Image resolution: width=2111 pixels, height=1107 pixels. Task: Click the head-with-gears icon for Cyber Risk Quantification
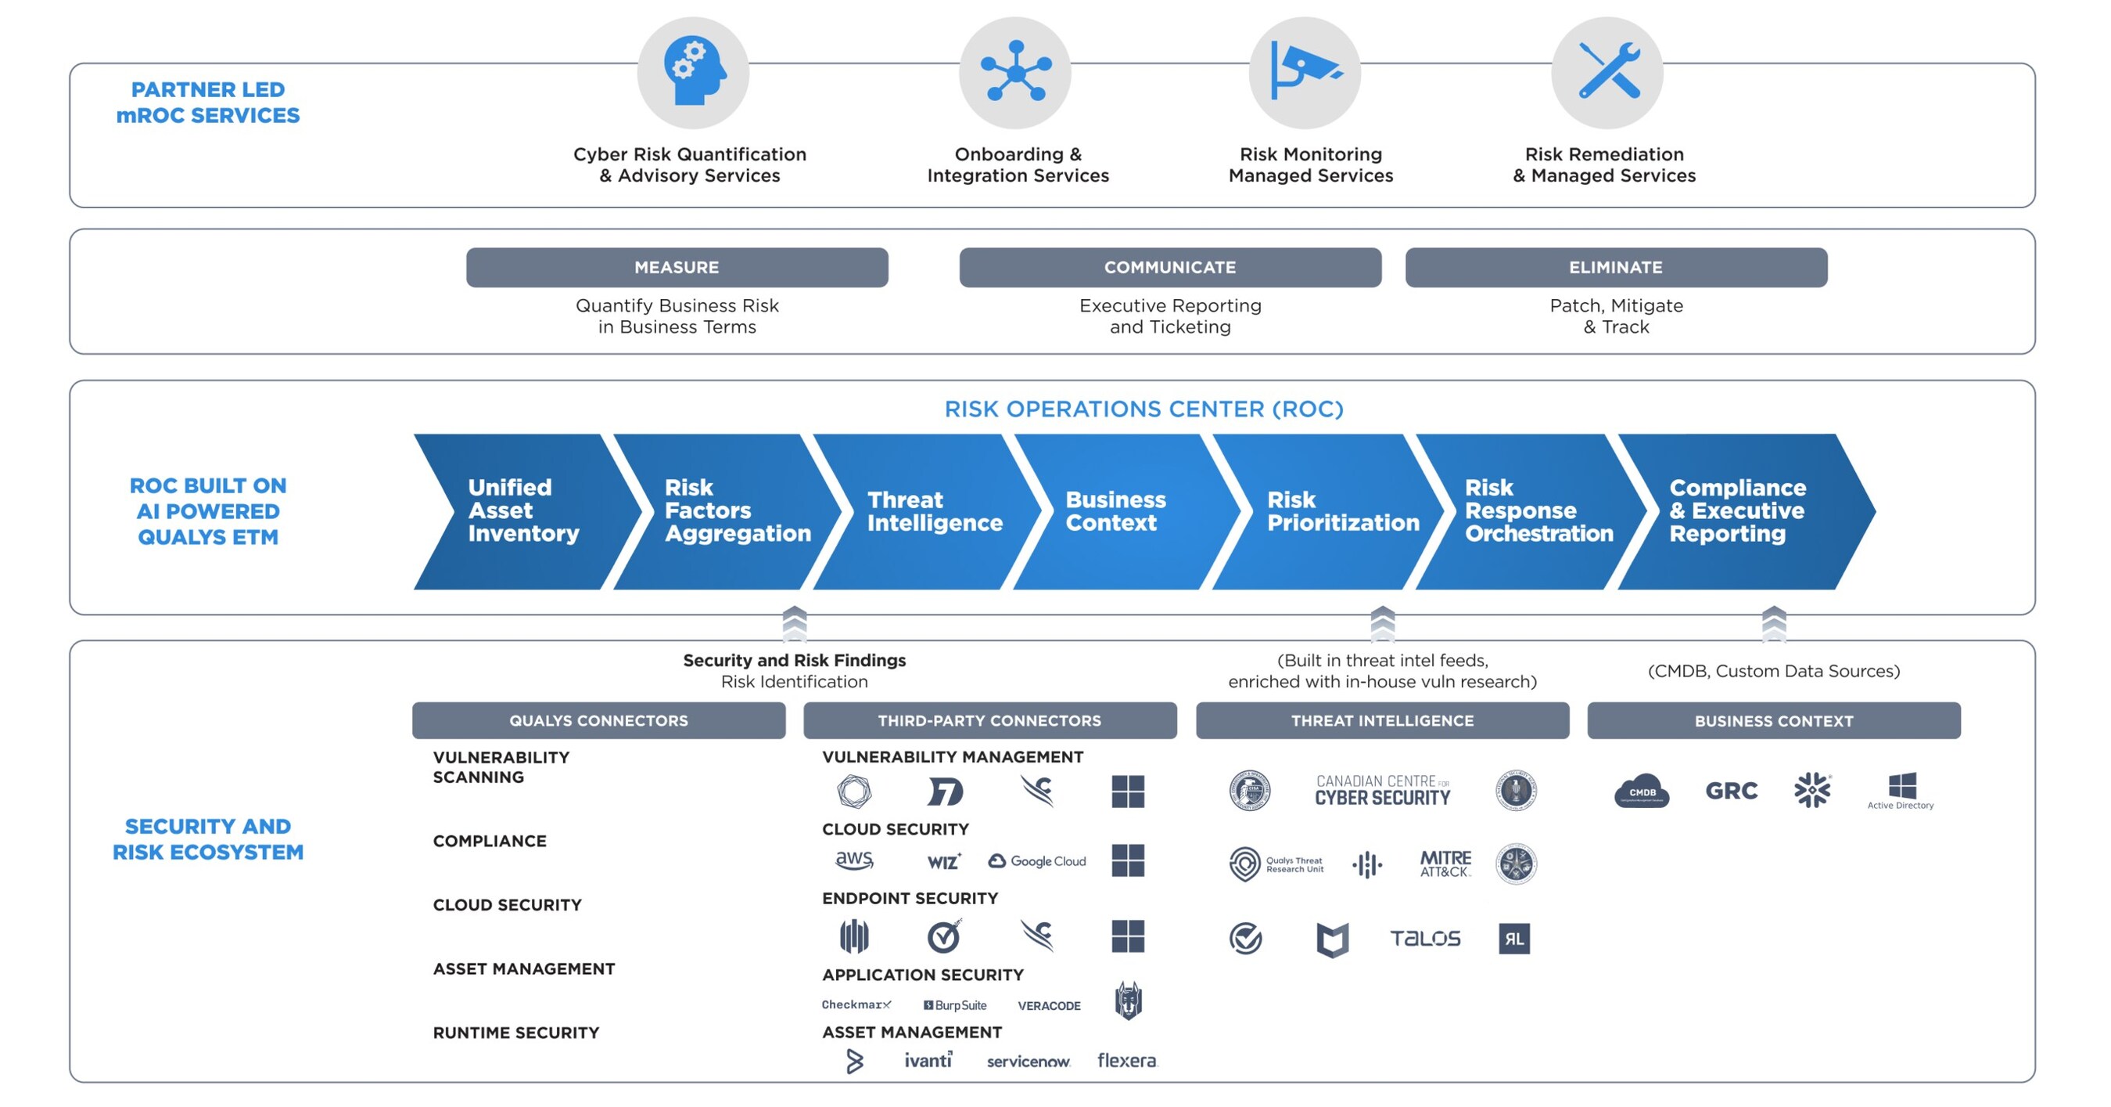pos(693,72)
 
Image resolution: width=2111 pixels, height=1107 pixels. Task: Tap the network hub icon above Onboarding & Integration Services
pos(1014,72)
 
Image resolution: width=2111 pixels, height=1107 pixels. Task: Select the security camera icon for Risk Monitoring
pos(1304,72)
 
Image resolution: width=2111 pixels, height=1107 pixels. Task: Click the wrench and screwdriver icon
pos(1607,72)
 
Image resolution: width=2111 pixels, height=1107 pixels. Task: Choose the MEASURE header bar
pos(677,267)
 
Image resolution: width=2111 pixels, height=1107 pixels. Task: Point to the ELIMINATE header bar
pos(1615,267)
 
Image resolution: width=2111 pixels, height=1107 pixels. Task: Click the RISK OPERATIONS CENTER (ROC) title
pos(1143,409)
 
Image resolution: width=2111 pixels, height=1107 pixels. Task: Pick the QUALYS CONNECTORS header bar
pos(598,720)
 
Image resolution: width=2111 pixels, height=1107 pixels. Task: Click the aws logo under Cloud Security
pos(854,860)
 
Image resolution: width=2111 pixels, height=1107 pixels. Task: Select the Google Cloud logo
pos(1037,861)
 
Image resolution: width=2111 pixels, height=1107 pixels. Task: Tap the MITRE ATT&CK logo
pos(1445,864)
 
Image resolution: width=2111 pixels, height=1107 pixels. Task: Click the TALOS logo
pos(1425,938)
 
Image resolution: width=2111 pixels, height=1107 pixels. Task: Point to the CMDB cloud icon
pos(1642,791)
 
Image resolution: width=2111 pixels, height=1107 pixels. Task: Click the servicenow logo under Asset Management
pos(1028,1061)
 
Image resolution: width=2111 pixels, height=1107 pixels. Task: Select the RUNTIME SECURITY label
pos(516,1033)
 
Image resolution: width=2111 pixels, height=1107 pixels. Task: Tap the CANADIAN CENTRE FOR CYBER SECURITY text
pos(1383,791)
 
